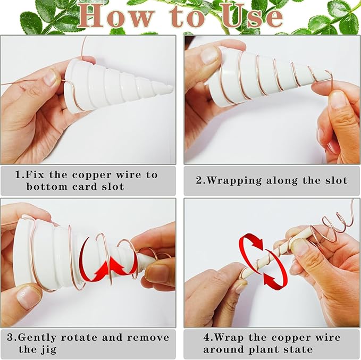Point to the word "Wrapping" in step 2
point(234,181)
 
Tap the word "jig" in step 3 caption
point(48,350)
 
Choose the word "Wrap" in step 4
point(229,338)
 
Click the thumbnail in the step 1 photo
point(50,78)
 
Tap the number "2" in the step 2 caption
point(199,180)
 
